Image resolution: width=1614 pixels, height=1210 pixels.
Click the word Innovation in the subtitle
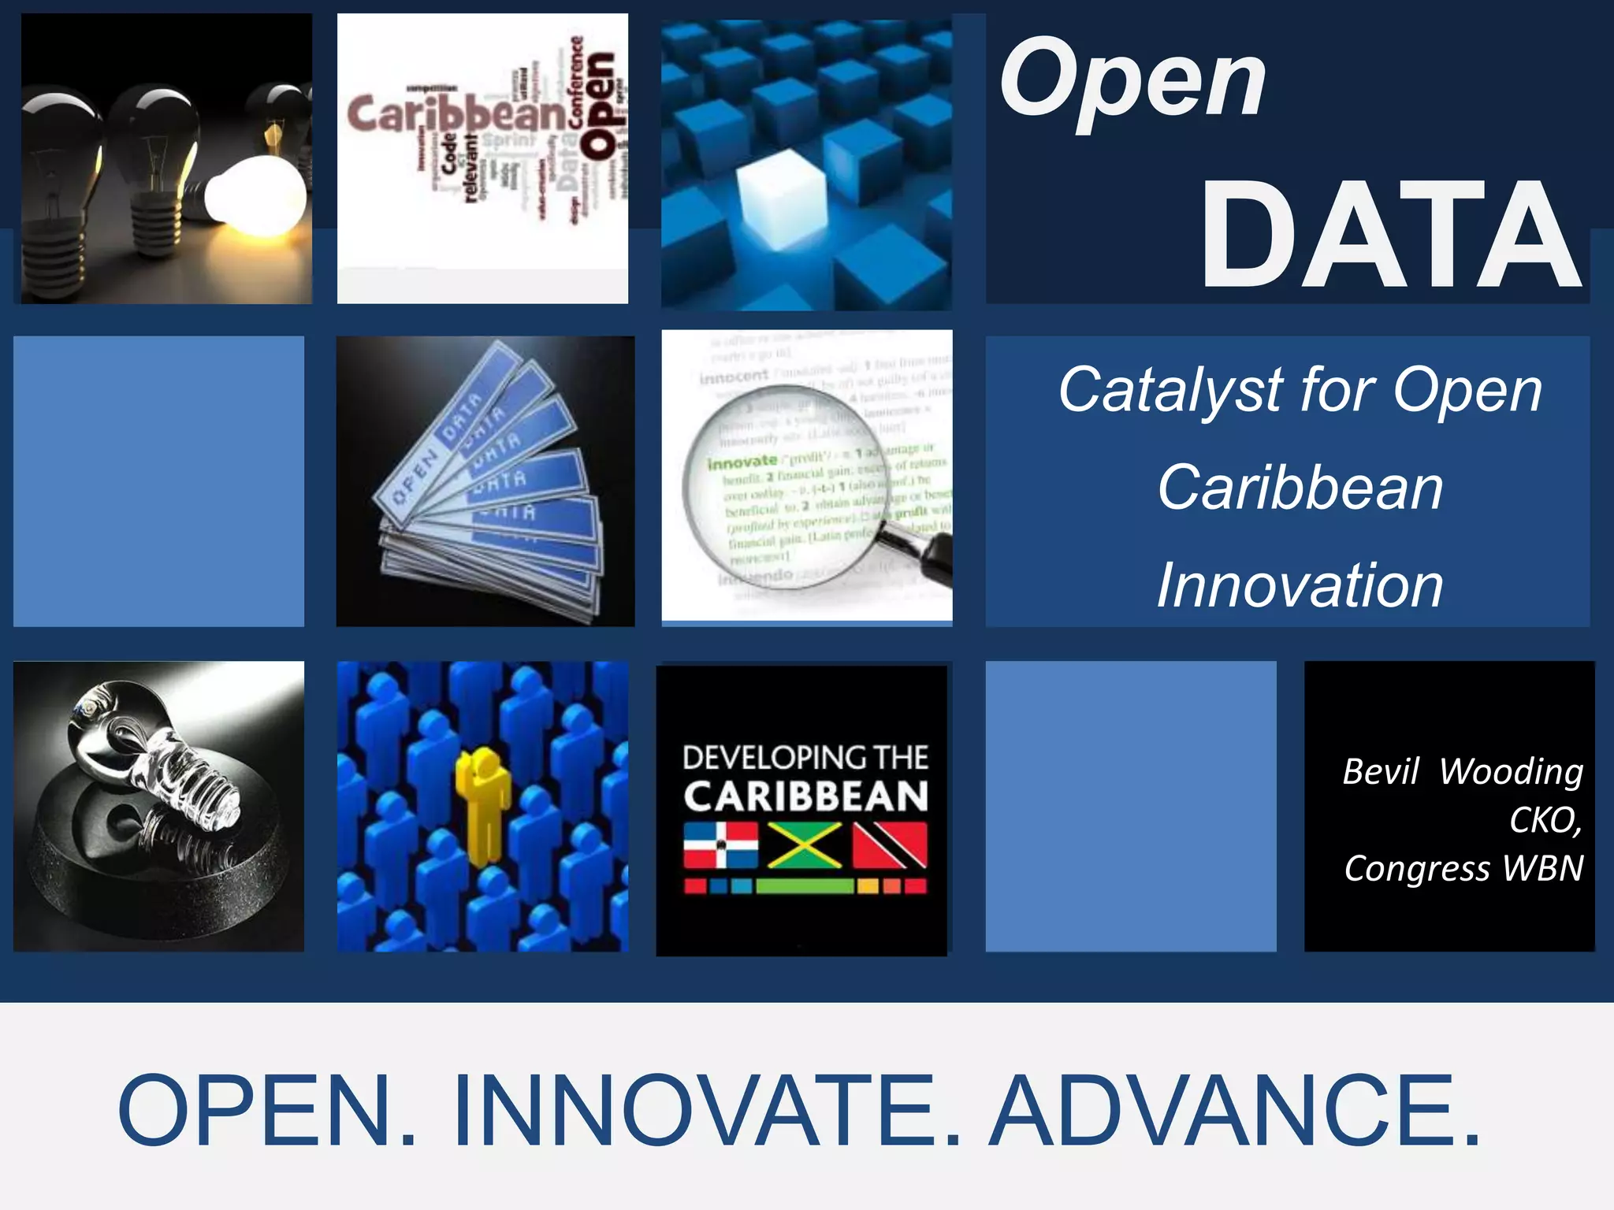1300,585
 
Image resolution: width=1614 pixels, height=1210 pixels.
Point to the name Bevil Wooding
1463,771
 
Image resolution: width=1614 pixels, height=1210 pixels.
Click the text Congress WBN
1463,868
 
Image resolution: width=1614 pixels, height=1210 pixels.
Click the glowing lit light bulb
256,193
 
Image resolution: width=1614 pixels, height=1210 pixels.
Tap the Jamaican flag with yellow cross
805,845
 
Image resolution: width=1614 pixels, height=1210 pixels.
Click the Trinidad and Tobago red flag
891,845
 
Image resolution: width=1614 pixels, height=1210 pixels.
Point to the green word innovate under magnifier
742,462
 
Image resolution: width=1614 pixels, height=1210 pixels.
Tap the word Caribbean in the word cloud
456,115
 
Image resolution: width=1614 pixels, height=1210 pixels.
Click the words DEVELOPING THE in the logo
805,758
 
